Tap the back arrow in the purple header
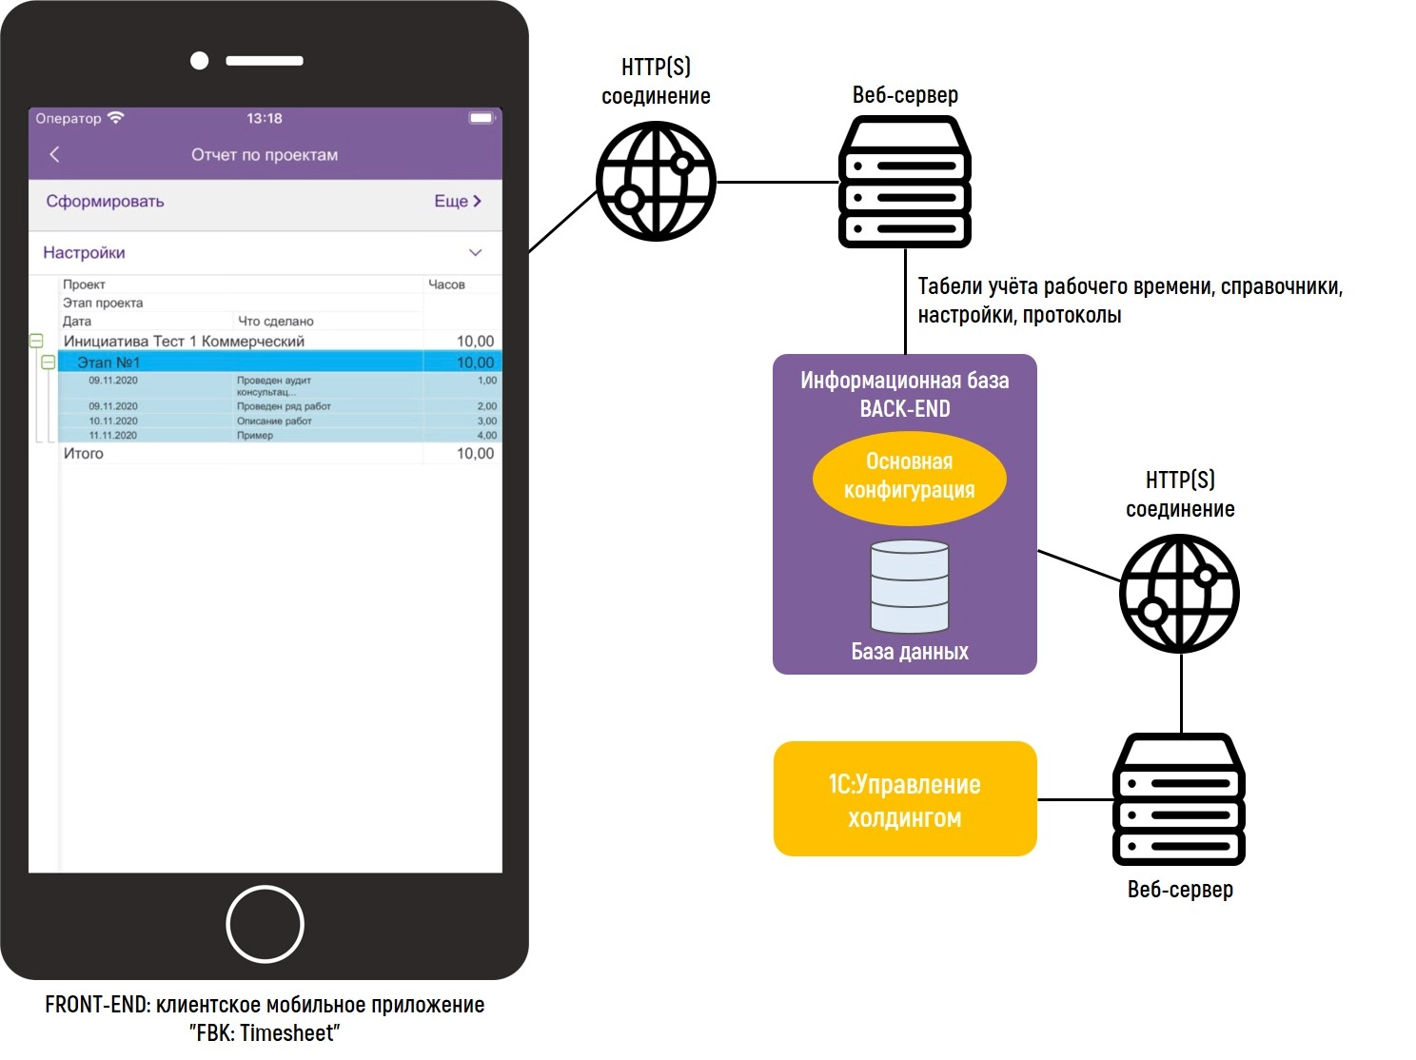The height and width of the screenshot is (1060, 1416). click(x=54, y=154)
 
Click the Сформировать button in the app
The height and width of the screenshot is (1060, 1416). click(x=105, y=201)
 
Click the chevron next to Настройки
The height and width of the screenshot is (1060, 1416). click(x=475, y=252)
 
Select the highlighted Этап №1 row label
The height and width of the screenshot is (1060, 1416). click(x=108, y=363)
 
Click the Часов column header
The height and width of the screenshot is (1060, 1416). click(x=446, y=285)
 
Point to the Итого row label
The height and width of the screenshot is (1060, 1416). click(x=84, y=454)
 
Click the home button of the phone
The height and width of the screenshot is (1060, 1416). click(x=265, y=924)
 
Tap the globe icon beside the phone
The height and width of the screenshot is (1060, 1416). click(x=656, y=180)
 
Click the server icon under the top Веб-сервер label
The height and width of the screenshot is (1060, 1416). click(x=904, y=182)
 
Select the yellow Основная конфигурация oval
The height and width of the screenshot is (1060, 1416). click(x=909, y=476)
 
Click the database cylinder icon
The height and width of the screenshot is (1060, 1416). click(x=910, y=586)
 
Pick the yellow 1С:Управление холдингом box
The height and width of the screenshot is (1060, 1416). click(x=904, y=799)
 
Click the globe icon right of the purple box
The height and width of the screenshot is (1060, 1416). click(x=1179, y=593)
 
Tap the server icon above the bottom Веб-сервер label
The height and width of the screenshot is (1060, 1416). click(x=1179, y=798)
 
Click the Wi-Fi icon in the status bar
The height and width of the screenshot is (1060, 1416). click(x=116, y=118)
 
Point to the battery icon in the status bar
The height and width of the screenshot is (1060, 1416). click(x=482, y=118)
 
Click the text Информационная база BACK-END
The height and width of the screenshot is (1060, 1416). click(x=904, y=394)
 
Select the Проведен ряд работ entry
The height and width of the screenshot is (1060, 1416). click(x=284, y=406)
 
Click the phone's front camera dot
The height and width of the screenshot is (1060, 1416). click(x=199, y=61)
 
